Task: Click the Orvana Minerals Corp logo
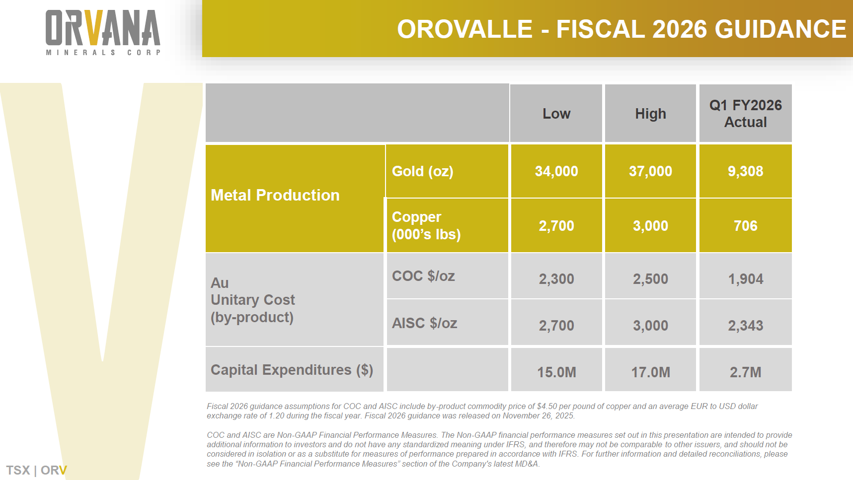[x=103, y=32]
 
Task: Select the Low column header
[x=556, y=114]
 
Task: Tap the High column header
[x=650, y=114]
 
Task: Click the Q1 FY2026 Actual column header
[x=745, y=114]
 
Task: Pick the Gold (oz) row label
[x=423, y=171]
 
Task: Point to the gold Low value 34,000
[x=556, y=171]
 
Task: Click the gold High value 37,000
[x=650, y=171]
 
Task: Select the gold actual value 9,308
[x=745, y=171]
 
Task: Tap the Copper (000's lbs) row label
[x=426, y=225]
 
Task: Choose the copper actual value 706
[x=745, y=226]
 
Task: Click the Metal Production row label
[x=275, y=195]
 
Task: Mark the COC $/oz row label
[x=423, y=276]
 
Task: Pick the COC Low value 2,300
[x=556, y=279]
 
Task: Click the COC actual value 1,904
[x=745, y=279]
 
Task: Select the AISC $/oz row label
[x=424, y=323]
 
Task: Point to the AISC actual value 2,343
[x=745, y=326]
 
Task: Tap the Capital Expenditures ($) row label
[x=292, y=370]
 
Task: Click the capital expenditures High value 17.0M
[x=650, y=372]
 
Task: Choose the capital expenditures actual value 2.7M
[x=745, y=372]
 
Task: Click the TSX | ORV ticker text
[x=36, y=470]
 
